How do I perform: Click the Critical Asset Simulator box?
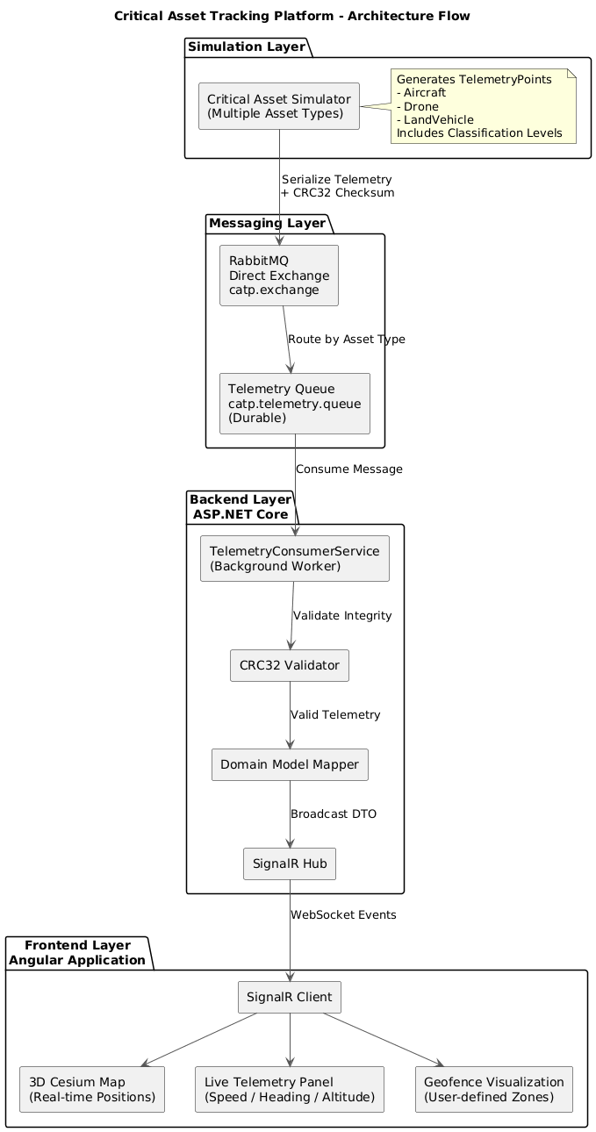tap(279, 106)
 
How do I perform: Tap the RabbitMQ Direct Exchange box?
tap(279, 276)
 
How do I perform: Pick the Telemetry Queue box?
tap(294, 404)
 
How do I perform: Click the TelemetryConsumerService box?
tap(294, 558)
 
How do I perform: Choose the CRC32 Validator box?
tap(290, 665)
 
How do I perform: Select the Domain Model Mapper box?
tap(290, 764)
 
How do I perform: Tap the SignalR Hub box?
tap(290, 864)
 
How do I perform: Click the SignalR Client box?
tap(290, 997)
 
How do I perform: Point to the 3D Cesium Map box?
tap(92, 1089)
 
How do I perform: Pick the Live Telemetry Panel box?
tap(290, 1089)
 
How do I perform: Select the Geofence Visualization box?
tap(493, 1089)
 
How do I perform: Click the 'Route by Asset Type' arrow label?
tap(347, 339)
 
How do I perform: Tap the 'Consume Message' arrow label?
tap(349, 469)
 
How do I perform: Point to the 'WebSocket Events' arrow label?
tap(343, 914)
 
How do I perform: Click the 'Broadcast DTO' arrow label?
tap(334, 813)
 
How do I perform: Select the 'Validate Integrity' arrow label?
tap(342, 615)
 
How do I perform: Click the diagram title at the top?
tap(292, 16)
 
